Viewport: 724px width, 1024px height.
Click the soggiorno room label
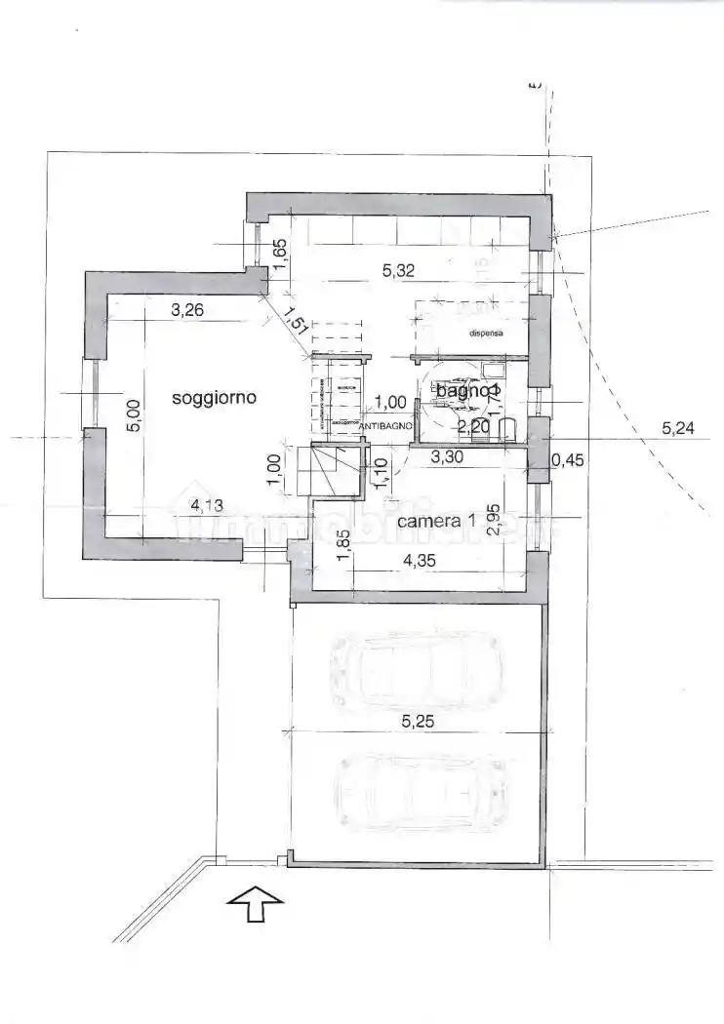click(214, 398)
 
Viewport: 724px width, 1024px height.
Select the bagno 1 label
click(468, 391)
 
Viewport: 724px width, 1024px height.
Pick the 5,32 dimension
click(397, 271)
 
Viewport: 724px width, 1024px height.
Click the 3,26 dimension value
click(187, 312)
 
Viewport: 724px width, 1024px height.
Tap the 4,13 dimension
click(207, 505)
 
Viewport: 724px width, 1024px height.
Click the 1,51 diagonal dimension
click(296, 322)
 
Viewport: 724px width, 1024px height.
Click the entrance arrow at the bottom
click(255, 903)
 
